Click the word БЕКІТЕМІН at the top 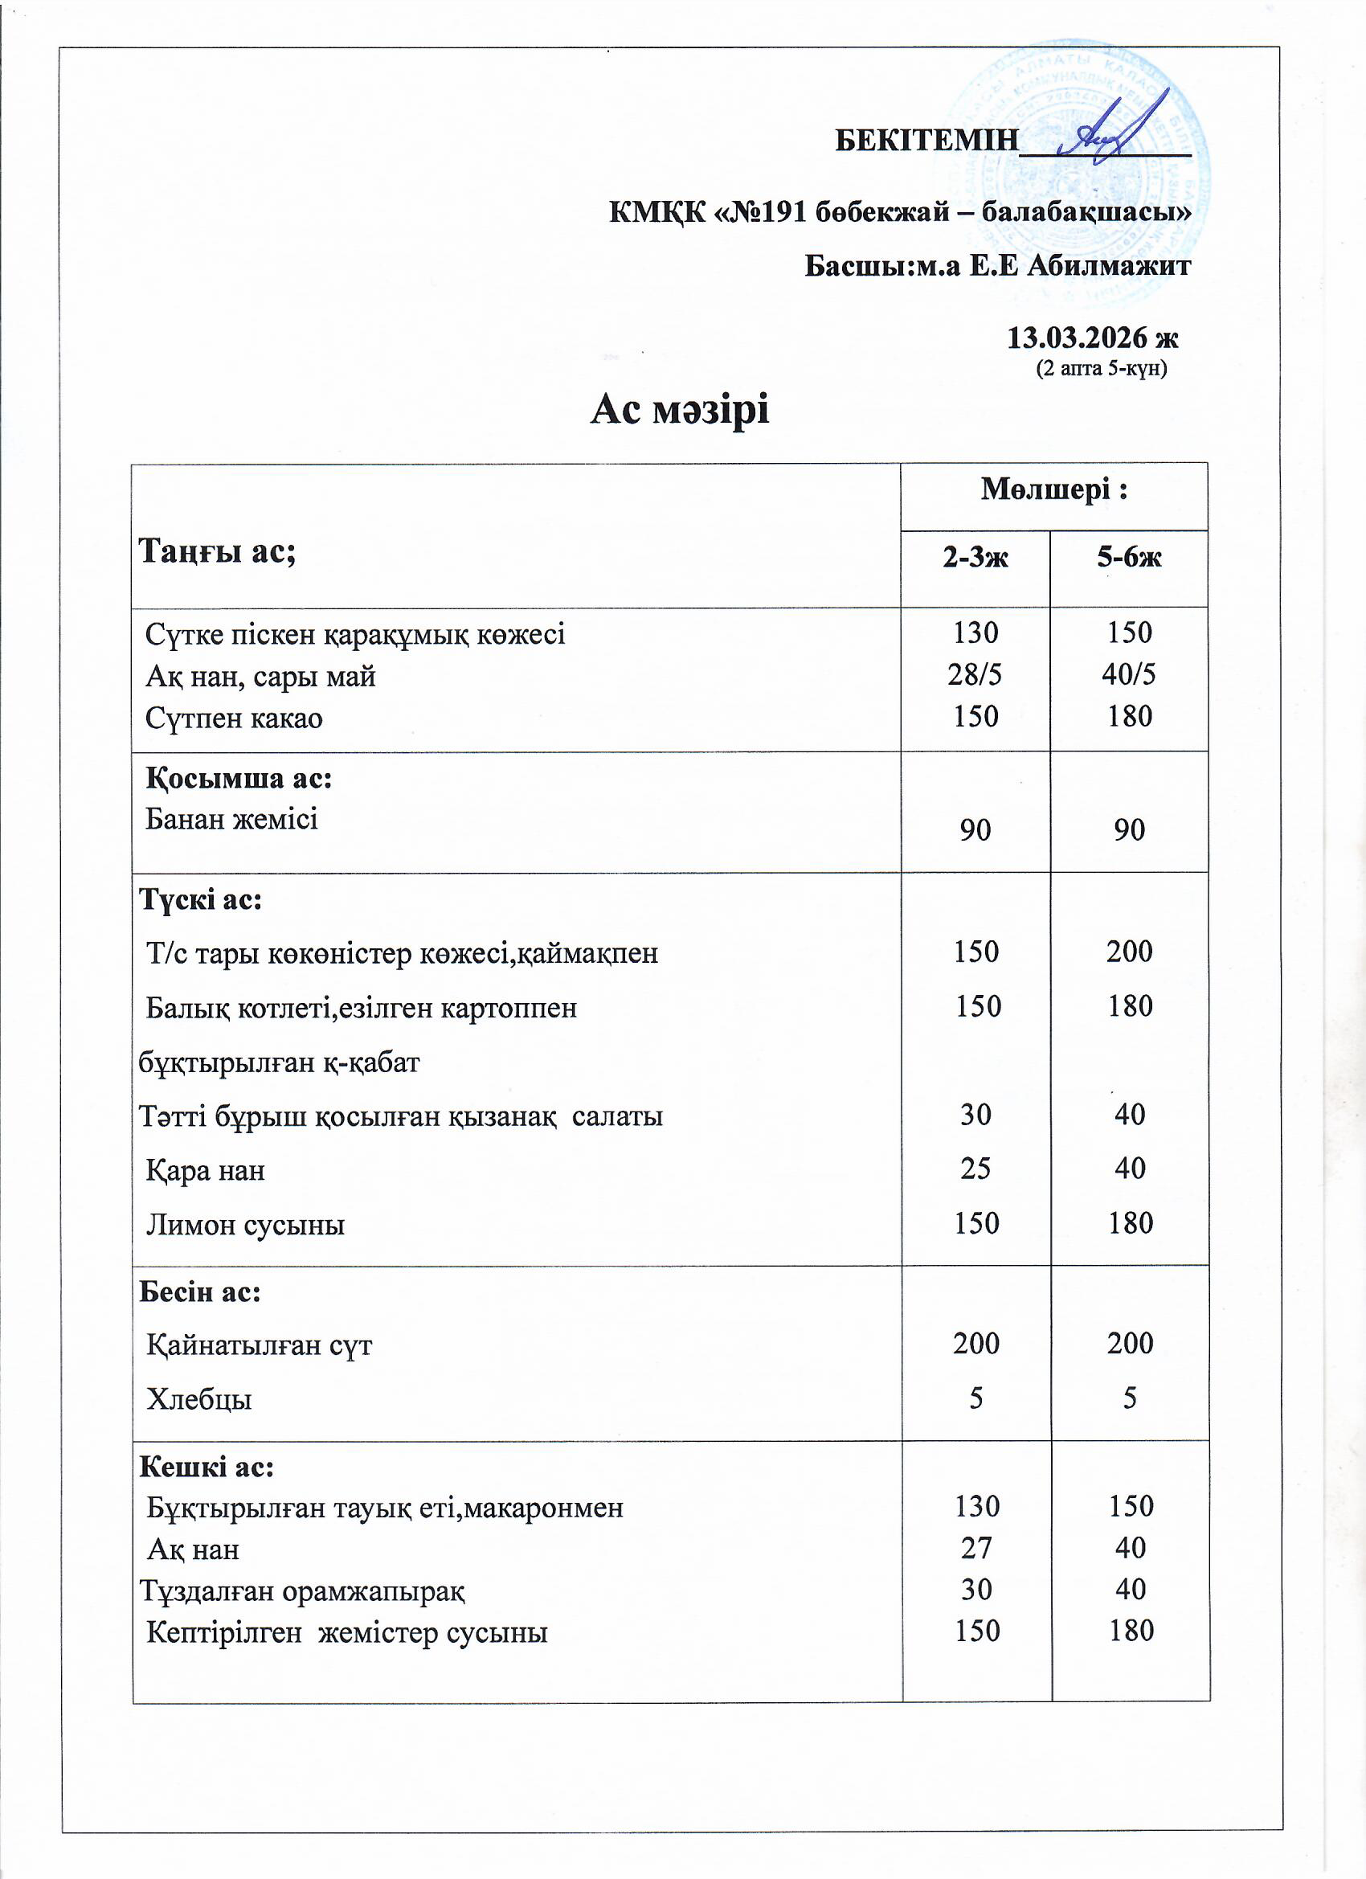click(926, 140)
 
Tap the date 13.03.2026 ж click(1092, 338)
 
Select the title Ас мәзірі click(679, 409)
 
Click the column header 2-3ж click(975, 558)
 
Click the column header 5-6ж click(1128, 558)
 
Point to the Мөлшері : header click(1053, 489)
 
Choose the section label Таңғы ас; click(217, 550)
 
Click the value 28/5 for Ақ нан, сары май click(974, 674)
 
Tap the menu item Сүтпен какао click(234, 718)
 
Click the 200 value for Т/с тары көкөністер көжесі click(1129, 951)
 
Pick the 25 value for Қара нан click(975, 1169)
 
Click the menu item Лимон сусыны click(245, 1224)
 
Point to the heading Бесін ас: click(199, 1291)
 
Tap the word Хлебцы click(198, 1399)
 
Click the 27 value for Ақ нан click(975, 1548)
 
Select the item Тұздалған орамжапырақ click(301, 1590)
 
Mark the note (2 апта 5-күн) click(1101, 368)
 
